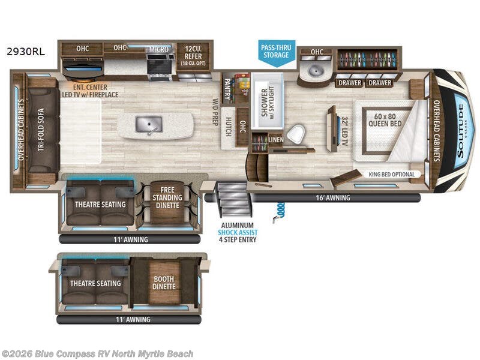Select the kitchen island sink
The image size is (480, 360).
pos(148,124)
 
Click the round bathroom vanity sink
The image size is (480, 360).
pos(316,71)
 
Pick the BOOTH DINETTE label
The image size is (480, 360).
pos(164,283)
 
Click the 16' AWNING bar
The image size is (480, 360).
pos(318,197)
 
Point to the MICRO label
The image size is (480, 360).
pos(158,49)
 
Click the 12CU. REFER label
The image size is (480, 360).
pos(192,53)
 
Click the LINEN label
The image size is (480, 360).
pos(276,140)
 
